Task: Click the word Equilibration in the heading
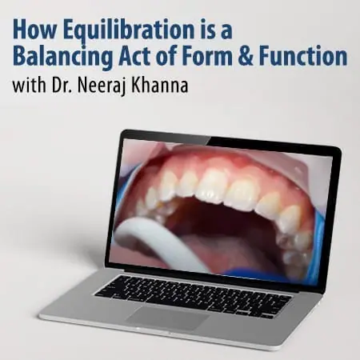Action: pyautogui.click(x=129, y=30)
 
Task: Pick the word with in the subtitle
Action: pyautogui.click(x=29, y=86)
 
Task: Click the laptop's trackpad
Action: pyautogui.click(x=167, y=318)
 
